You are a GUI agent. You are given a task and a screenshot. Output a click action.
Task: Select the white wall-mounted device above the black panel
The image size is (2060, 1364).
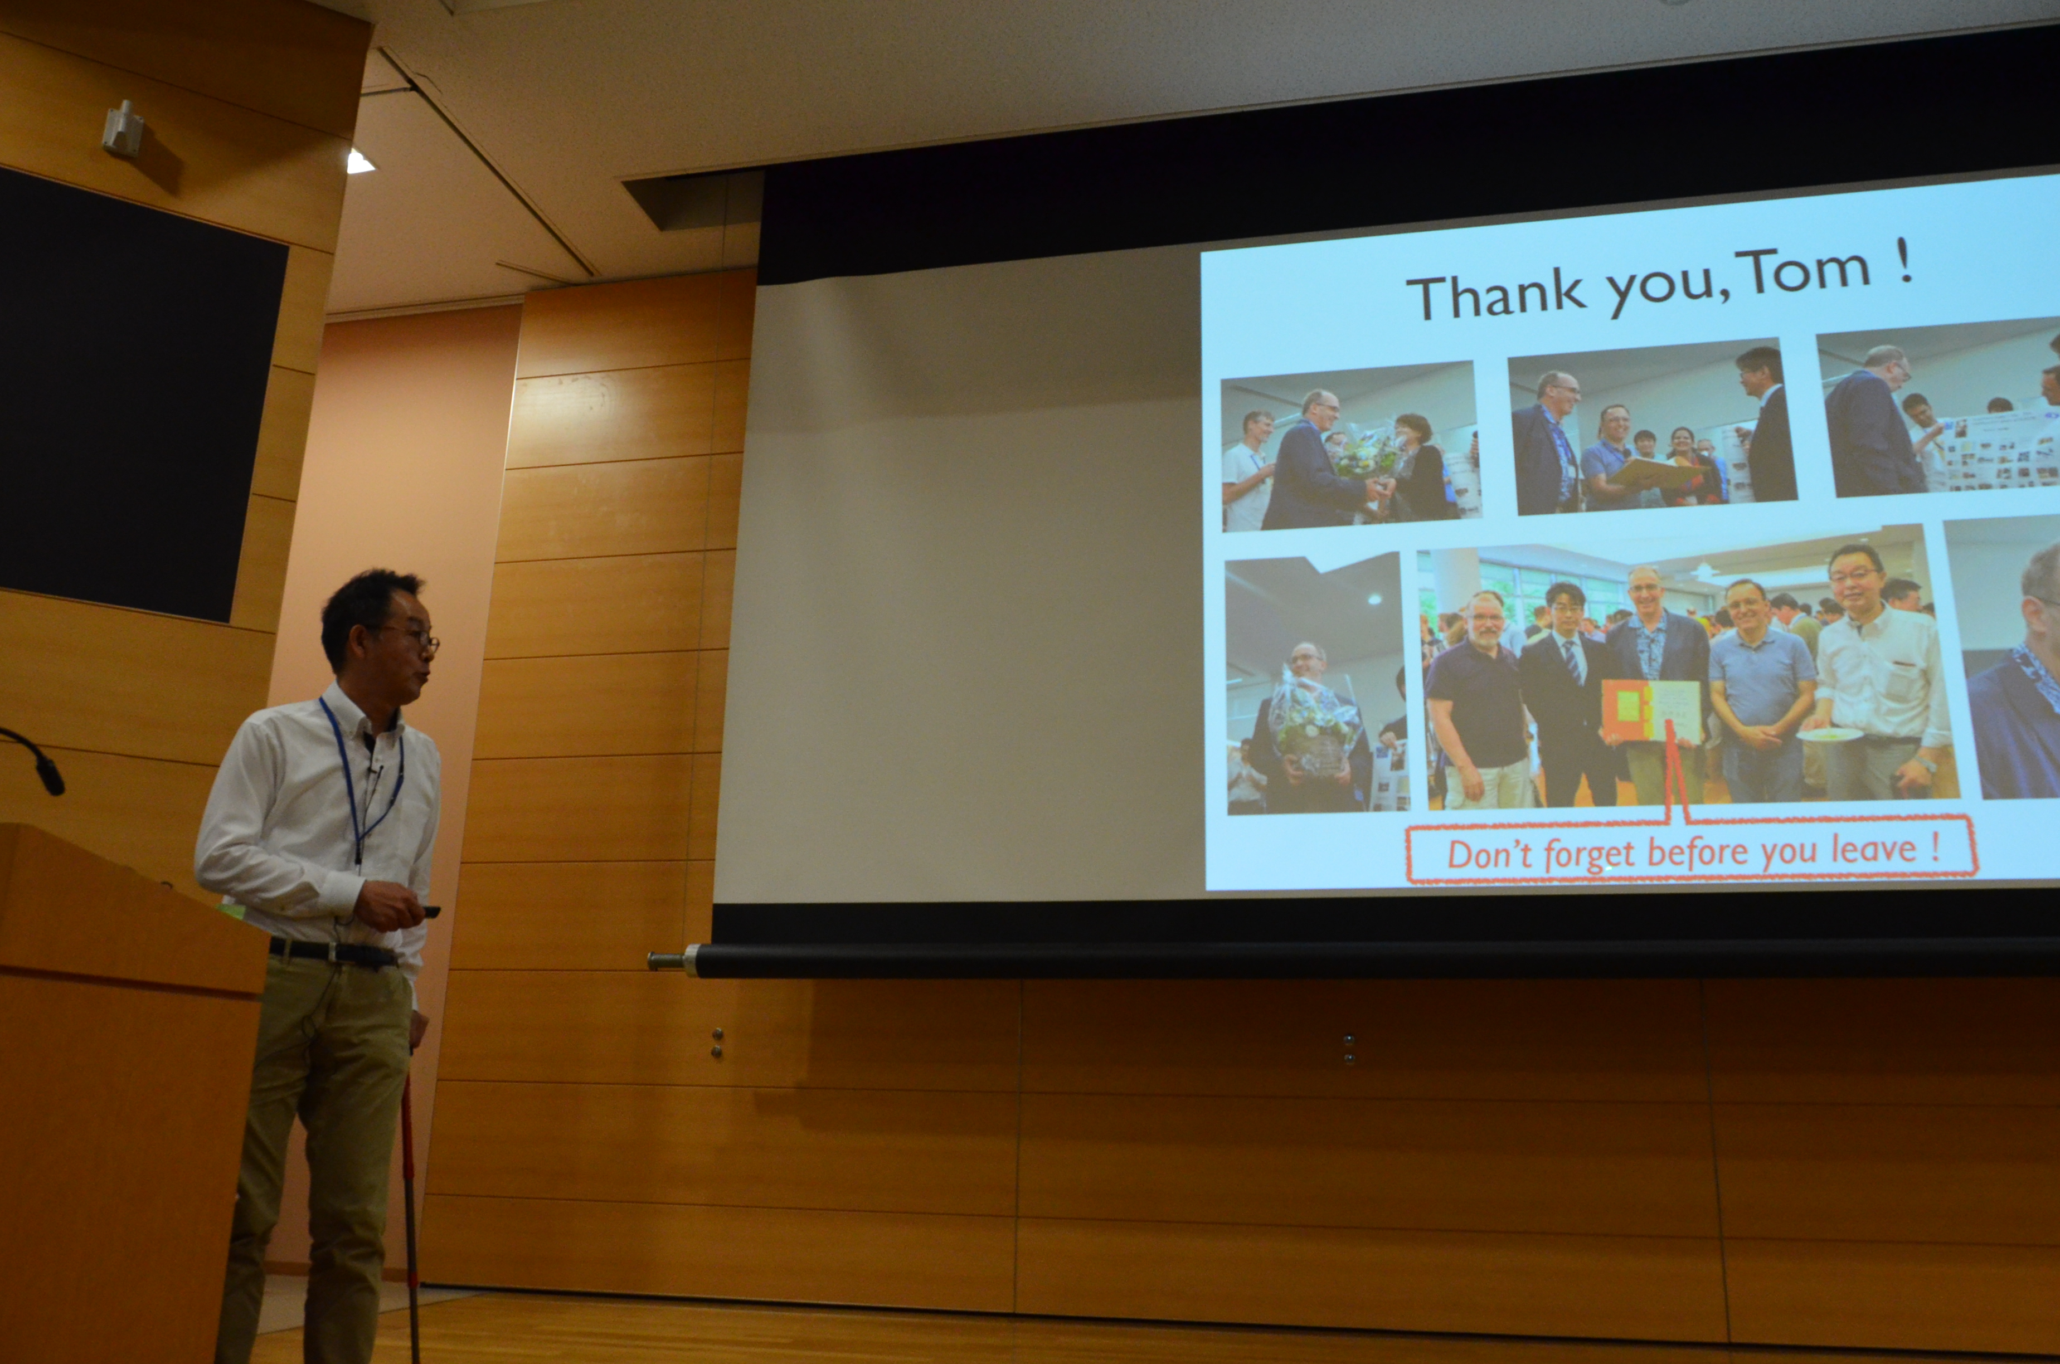(x=123, y=129)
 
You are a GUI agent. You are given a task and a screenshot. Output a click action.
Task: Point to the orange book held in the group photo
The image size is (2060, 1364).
(x=1650, y=711)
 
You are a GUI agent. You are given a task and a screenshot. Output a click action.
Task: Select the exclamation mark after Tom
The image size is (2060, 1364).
(x=1903, y=261)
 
